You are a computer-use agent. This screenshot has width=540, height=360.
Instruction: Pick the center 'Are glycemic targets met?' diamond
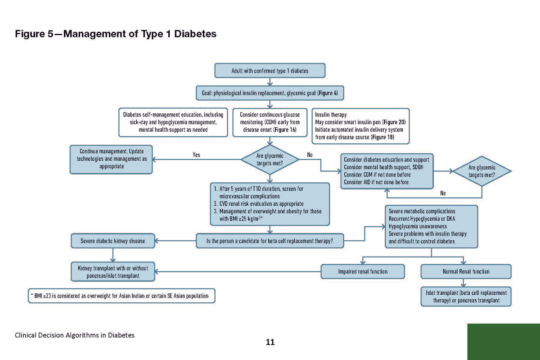click(x=270, y=159)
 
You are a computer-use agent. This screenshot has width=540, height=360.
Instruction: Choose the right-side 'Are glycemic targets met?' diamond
click(x=482, y=171)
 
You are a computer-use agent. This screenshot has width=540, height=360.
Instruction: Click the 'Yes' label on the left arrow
click(x=196, y=155)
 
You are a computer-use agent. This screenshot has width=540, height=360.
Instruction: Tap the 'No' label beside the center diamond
click(x=310, y=155)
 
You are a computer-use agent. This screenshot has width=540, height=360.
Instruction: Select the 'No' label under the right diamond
click(x=443, y=193)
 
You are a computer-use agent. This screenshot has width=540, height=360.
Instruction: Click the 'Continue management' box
click(x=111, y=159)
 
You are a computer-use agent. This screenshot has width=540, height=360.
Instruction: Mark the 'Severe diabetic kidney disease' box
click(x=113, y=241)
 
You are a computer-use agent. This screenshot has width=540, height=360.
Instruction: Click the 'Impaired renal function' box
click(x=363, y=271)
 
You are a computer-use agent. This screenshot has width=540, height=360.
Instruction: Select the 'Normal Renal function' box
click(x=466, y=271)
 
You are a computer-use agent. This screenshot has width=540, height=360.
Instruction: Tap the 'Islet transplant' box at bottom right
click(x=466, y=297)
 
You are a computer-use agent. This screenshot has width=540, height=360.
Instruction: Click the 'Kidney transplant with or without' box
click(x=113, y=271)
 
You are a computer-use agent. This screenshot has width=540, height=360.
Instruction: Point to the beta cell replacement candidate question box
click(x=270, y=241)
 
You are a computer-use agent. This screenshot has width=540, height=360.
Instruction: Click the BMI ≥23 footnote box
click(x=121, y=296)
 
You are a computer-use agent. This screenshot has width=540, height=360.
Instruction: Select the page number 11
click(x=270, y=342)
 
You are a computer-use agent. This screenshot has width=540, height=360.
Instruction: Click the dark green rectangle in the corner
click(x=504, y=342)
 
